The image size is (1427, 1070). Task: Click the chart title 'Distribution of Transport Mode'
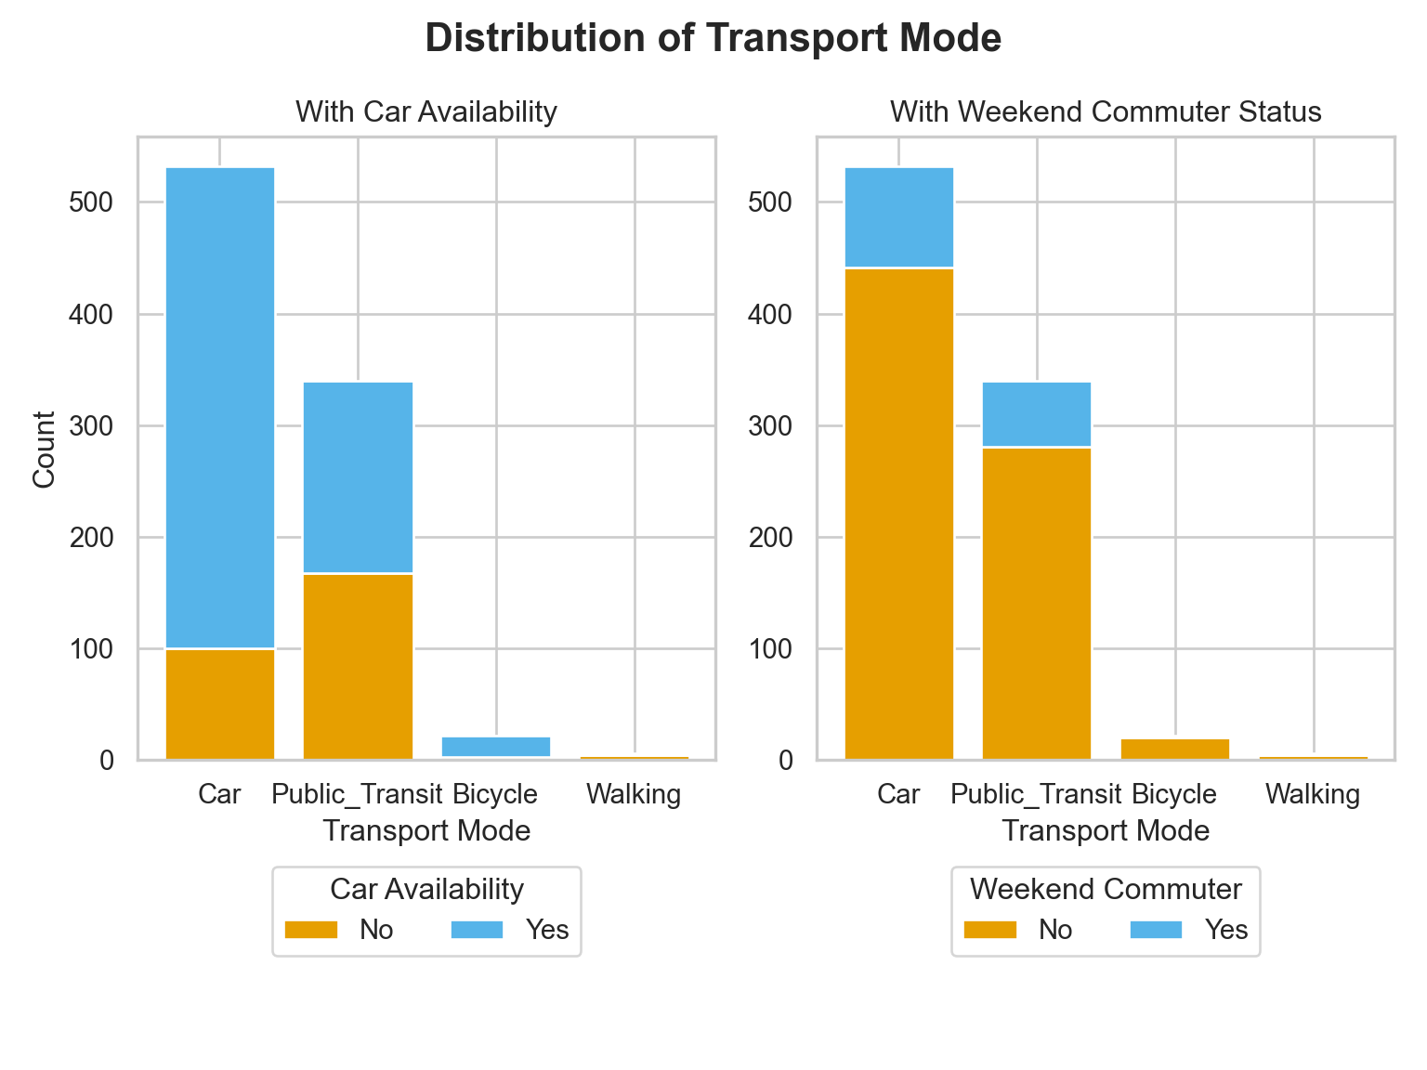click(713, 39)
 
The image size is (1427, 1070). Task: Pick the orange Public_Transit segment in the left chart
click(359, 667)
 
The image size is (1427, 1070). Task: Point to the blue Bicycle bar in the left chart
click(496, 746)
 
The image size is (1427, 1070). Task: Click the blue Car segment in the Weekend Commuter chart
click(899, 216)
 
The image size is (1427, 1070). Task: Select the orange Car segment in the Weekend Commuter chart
click(899, 514)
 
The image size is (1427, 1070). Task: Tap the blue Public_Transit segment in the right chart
click(1037, 413)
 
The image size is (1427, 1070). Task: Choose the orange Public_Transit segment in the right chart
click(1037, 604)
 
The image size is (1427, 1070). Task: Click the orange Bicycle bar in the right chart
click(1175, 749)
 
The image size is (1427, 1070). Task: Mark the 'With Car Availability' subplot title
click(426, 112)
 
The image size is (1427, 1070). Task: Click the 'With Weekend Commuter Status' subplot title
click(1106, 112)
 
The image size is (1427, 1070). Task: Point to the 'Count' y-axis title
click(44, 449)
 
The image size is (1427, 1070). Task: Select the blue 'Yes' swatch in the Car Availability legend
click(477, 930)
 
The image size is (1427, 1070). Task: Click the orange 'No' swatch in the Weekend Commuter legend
click(990, 930)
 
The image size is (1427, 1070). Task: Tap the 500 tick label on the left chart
click(91, 203)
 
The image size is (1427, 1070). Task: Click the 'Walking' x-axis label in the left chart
click(635, 795)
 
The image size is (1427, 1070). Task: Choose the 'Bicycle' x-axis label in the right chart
click(1174, 795)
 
